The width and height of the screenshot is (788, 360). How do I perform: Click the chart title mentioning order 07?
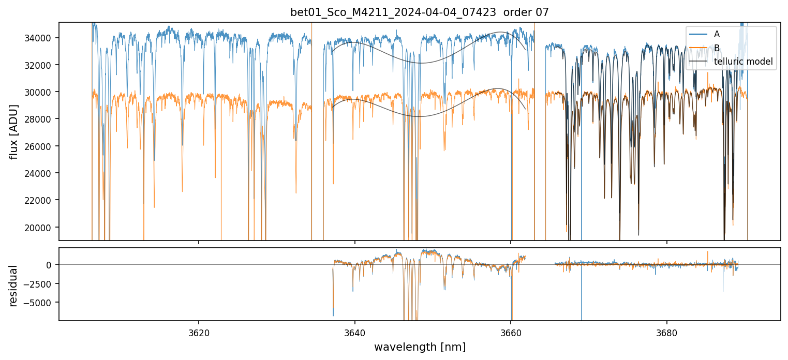[420, 12]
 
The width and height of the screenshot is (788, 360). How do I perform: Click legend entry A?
[717, 35]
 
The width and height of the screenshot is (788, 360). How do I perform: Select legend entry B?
[717, 48]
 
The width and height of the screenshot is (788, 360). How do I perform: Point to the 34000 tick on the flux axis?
[41, 38]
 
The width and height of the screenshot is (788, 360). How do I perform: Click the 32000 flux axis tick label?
[41, 65]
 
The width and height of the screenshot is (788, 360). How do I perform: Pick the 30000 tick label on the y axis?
[41, 92]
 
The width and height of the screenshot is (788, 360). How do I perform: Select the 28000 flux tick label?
[41, 119]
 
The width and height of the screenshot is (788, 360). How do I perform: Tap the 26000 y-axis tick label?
[41, 146]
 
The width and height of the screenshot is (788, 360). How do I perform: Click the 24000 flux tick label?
[41, 173]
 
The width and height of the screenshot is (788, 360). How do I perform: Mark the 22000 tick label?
[41, 200]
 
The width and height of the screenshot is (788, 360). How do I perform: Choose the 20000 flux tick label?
[41, 228]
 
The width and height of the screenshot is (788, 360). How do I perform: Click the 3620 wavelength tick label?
[199, 332]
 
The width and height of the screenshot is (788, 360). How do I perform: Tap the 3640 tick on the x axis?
[355, 332]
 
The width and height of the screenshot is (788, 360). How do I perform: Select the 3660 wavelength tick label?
[511, 332]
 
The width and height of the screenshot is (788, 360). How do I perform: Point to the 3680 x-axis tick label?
[666, 332]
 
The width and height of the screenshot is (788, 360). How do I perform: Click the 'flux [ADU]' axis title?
[14, 131]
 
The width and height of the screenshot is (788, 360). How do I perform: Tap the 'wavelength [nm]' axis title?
[420, 347]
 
